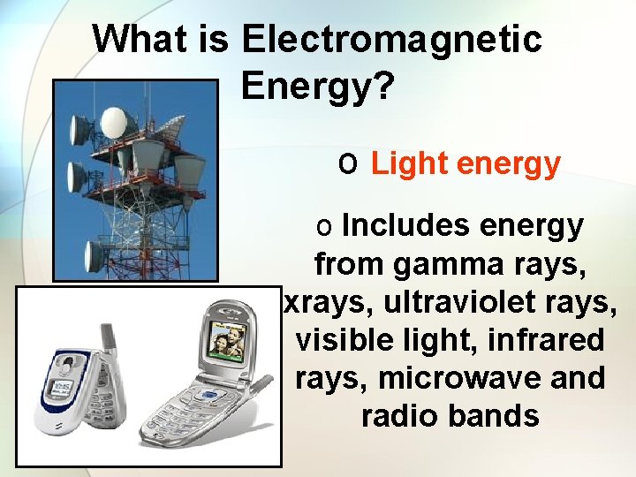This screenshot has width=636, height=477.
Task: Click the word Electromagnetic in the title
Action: click(x=390, y=38)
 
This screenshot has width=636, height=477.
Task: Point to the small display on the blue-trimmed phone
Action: click(x=64, y=388)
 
